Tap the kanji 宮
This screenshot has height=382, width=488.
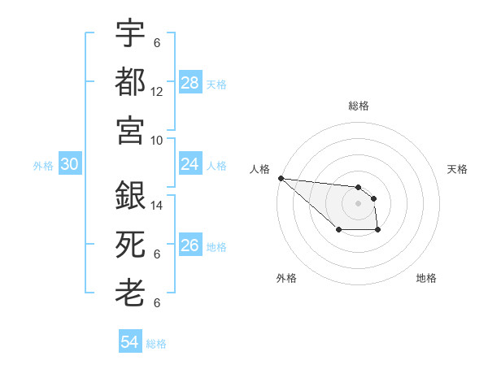[130, 130]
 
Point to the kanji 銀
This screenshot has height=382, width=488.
[130, 196]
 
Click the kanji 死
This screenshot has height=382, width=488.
[130, 245]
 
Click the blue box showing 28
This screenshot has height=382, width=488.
[190, 83]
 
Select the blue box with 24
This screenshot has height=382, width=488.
[190, 165]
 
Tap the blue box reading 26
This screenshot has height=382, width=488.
[190, 245]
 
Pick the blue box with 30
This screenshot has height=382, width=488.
[70, 165]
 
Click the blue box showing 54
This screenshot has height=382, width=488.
[130, 342]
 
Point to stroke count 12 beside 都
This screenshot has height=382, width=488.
[157, 92]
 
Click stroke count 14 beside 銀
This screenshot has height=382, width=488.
[157, 206]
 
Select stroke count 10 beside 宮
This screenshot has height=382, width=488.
[157, 140]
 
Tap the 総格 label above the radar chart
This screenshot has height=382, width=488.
[358, 106]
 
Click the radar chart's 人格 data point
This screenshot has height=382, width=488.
[281, 178]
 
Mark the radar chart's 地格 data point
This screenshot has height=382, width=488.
[378, 231]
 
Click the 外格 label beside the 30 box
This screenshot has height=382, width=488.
[43, 166]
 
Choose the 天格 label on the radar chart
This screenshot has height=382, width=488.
[457, 169]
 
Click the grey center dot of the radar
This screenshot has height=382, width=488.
[358, 202]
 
